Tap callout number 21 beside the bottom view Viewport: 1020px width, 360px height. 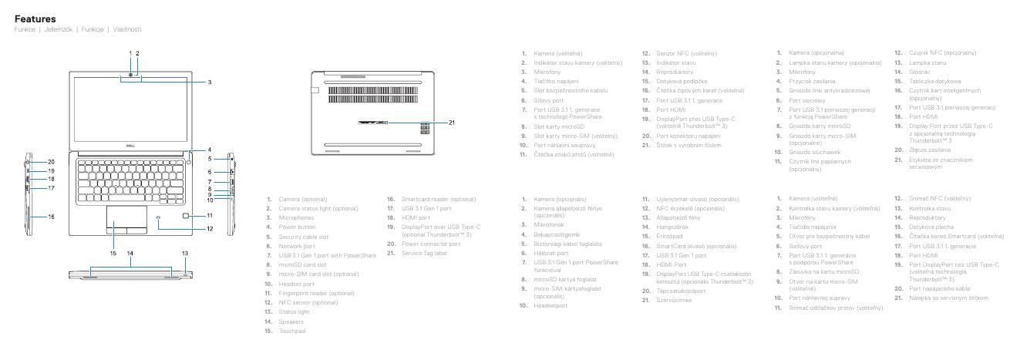coord(452,121)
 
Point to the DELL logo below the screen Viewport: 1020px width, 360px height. coord(132,143)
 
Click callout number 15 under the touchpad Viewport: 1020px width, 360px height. coord(113,253)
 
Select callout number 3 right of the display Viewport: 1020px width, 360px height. coord(209,82)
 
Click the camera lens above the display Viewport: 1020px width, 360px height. coord(132,74)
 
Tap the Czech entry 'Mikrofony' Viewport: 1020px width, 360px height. coord(548,72)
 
